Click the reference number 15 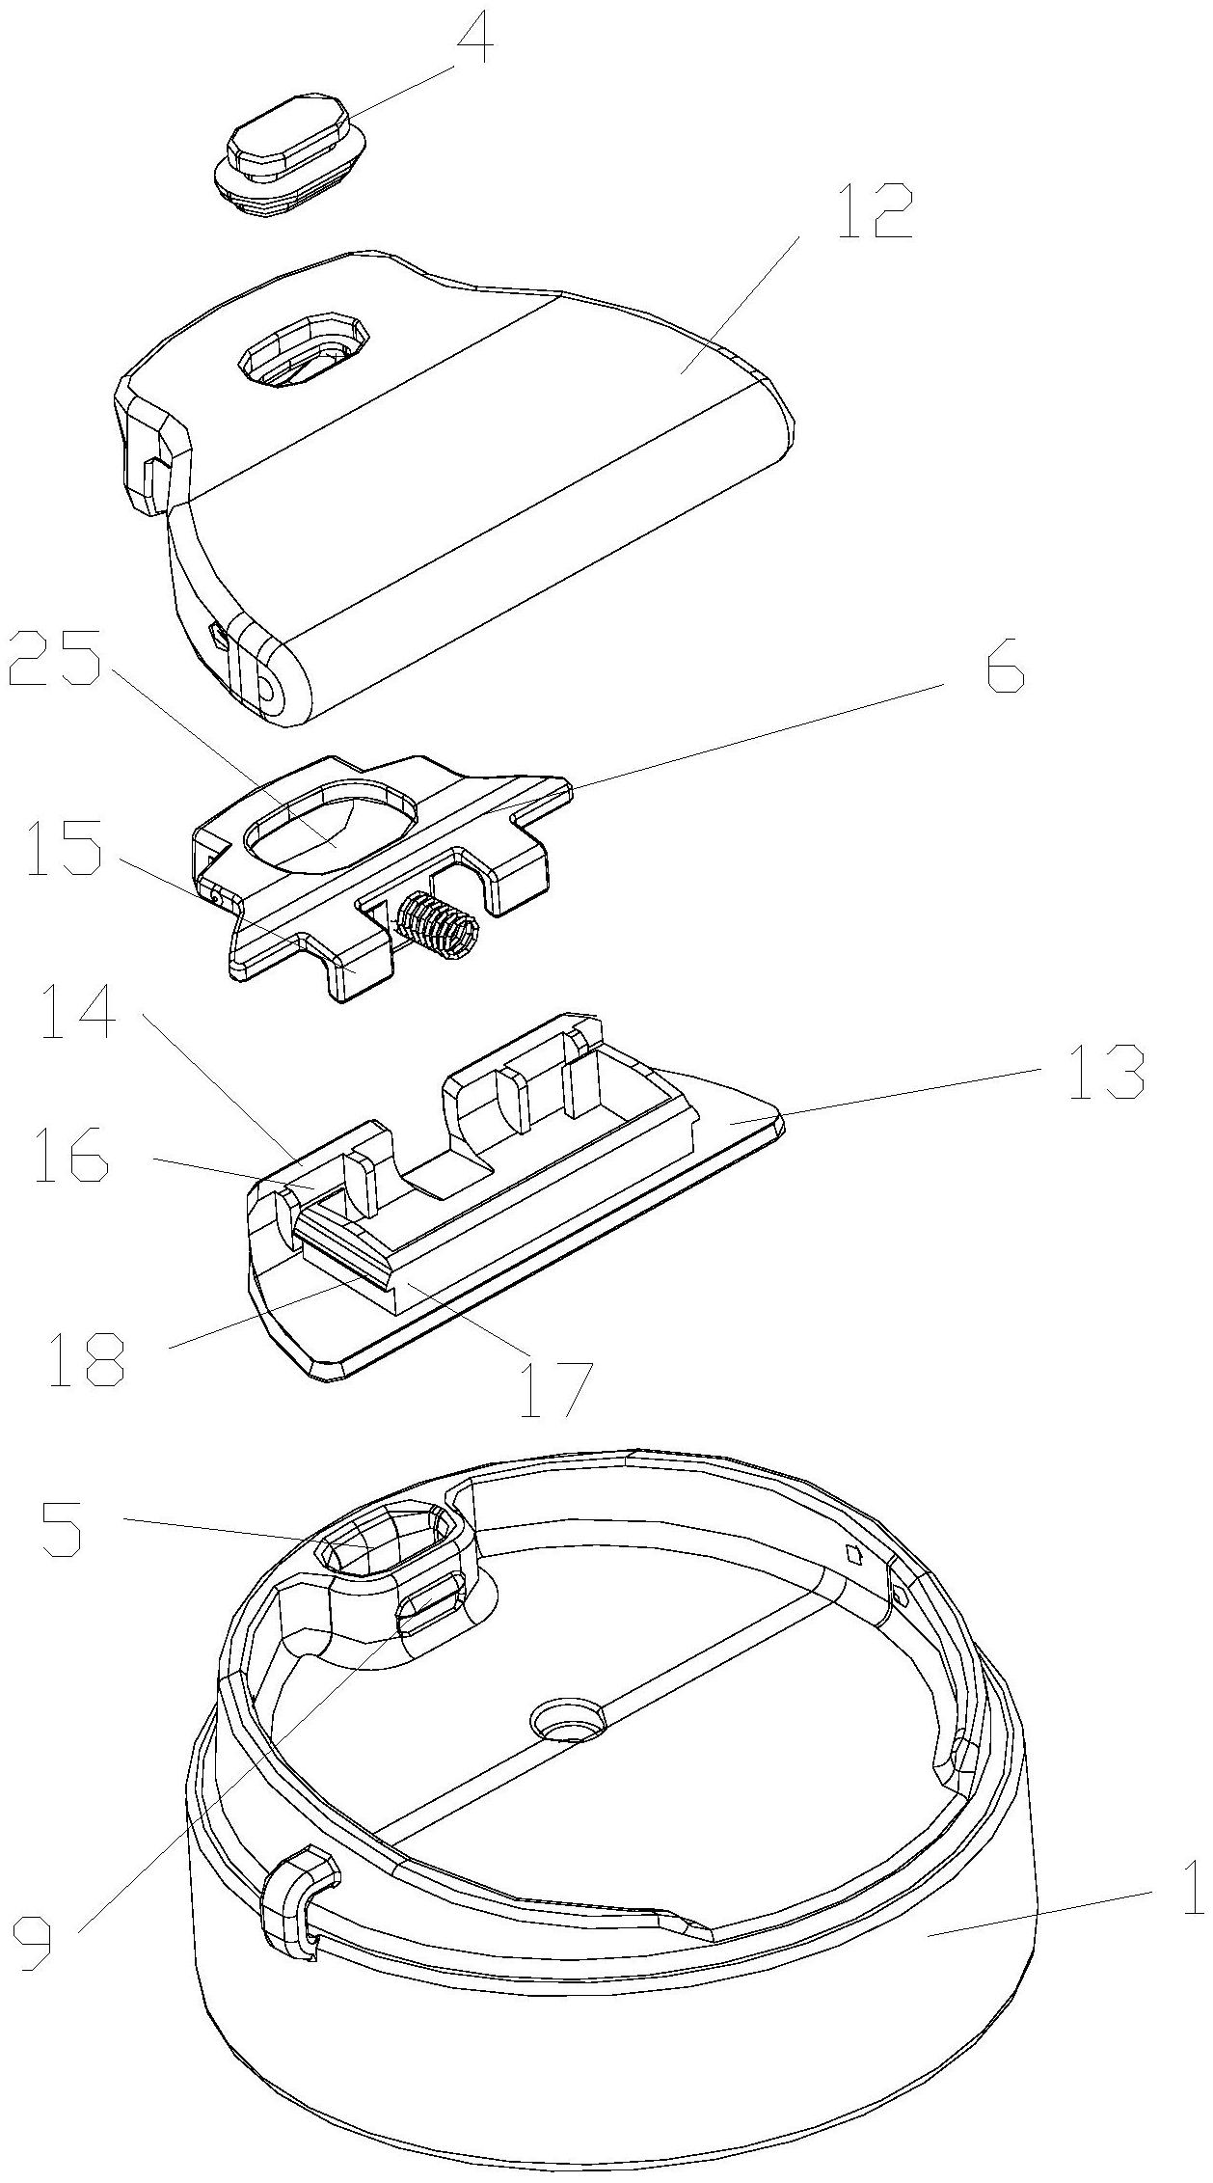point(64,848)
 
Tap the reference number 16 point(71,1158)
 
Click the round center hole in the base point(568,1718)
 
